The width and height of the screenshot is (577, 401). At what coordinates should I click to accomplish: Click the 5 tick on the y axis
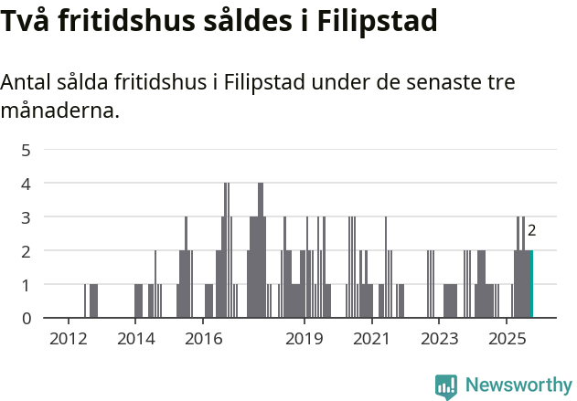(x=27, y=150)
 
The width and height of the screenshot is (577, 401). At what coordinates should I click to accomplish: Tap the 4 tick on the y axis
(x=27, y=184)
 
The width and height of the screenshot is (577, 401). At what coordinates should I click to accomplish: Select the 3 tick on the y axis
(x=27, y=217)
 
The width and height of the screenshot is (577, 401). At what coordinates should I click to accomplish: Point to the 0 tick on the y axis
(x=27, y=319)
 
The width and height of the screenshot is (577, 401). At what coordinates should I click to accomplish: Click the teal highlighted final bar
(x=531, y=284)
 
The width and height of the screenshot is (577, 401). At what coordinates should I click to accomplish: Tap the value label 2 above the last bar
(x=531, y=231)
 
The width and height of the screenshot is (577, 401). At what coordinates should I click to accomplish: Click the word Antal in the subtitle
(x=30, y=82)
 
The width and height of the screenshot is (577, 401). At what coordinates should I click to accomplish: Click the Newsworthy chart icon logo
(x=446, y=386)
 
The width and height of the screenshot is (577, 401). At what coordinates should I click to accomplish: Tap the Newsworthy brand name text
(x=518, y=385)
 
